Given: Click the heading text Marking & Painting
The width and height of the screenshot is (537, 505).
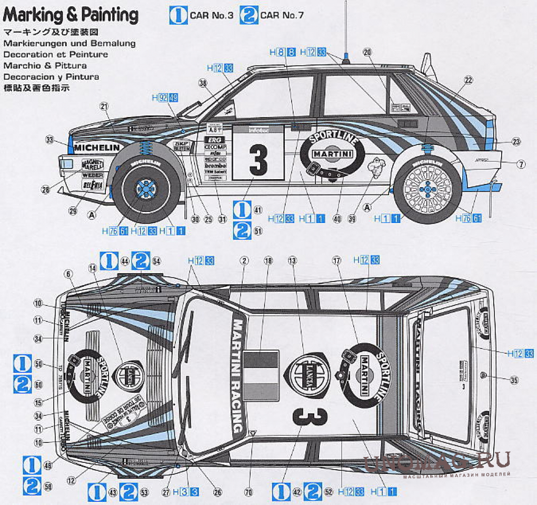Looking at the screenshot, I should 71,15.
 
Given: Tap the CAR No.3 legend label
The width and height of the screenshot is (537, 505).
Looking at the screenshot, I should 211,15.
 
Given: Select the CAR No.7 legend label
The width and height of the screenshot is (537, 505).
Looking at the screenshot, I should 282,15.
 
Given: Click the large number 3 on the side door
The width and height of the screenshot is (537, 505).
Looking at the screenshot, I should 258,158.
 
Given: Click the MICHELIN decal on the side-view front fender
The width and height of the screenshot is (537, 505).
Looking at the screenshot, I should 97,147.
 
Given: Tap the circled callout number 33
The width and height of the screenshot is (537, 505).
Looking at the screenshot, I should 49,140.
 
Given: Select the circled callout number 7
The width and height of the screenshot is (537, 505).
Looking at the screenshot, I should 521,164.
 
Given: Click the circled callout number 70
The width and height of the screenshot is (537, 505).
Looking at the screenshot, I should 248,492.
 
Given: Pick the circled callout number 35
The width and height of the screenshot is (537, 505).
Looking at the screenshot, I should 514,379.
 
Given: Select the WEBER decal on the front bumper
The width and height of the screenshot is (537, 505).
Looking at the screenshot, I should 92,174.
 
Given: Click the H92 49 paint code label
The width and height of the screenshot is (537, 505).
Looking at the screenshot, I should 165,97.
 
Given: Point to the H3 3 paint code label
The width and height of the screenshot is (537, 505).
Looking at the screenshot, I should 189,492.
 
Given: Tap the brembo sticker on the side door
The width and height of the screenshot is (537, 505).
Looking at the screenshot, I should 215,166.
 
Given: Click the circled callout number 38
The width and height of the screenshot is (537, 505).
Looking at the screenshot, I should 203,82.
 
